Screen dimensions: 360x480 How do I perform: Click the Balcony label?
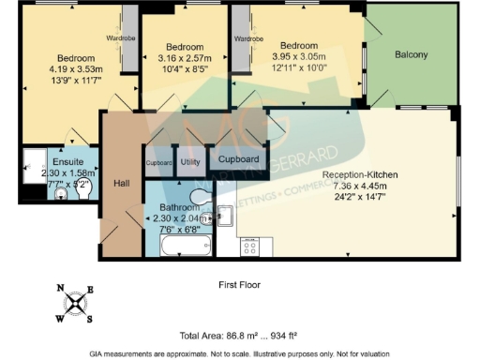[412, 54]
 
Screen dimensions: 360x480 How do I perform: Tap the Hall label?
[120, 184]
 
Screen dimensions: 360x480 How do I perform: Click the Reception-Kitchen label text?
[360, 175]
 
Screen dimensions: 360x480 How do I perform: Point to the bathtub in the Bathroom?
[187, 247]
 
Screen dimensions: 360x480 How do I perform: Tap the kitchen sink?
[226, 216]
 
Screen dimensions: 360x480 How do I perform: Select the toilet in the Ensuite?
[60, 195]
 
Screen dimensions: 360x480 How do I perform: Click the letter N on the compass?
[60, 289]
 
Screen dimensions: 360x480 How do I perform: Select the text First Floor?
[239, 283]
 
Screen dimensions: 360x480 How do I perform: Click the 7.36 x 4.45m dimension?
[360, 186]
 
